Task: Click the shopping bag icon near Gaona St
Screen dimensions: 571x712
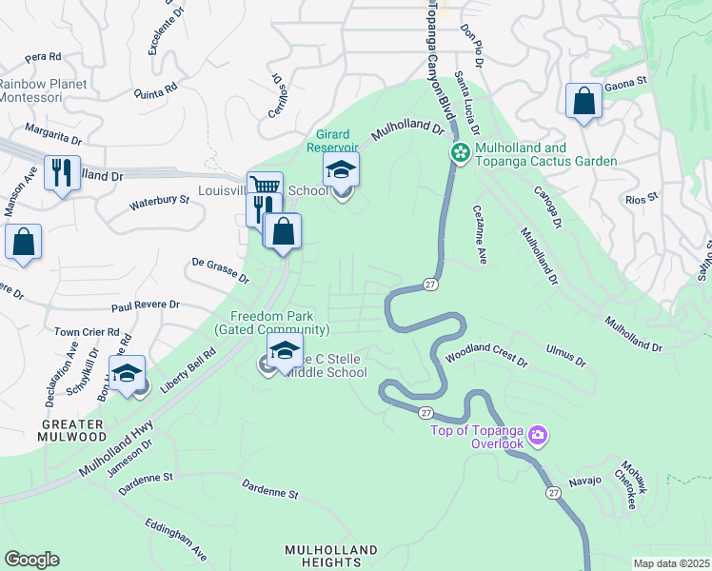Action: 583,101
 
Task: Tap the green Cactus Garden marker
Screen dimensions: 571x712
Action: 461,153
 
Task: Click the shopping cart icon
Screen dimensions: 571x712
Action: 265,187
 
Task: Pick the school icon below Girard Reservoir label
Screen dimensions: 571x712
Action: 341,170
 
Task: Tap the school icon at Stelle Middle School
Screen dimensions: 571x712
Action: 284,349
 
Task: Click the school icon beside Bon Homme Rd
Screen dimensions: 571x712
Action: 126,373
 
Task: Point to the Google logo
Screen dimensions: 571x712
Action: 31,560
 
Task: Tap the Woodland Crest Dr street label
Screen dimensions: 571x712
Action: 486,359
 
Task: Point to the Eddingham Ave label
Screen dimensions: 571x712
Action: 176,539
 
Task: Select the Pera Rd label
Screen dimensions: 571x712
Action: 43,57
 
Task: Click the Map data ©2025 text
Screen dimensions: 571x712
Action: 671,563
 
